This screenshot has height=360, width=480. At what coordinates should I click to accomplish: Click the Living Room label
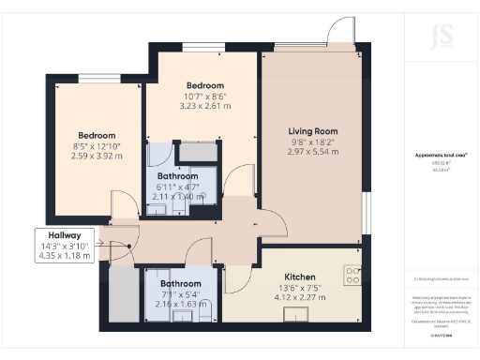[313, 131]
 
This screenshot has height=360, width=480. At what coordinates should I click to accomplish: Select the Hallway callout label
[59, 236]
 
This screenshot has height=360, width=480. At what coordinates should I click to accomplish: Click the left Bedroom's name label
[97, 135]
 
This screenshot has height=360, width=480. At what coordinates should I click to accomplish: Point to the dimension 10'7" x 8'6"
[202, 96]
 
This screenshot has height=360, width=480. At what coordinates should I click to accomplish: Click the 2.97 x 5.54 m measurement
[313, 152]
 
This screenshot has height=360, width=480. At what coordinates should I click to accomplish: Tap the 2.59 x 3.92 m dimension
[97, 156]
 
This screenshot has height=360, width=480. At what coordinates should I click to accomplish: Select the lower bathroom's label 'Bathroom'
[180, 283]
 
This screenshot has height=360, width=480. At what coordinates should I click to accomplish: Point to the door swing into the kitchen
[236, 266]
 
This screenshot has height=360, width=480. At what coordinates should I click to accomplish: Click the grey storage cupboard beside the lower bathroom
[122, 292]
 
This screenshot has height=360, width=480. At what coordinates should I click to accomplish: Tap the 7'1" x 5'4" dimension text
[180, 294]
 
